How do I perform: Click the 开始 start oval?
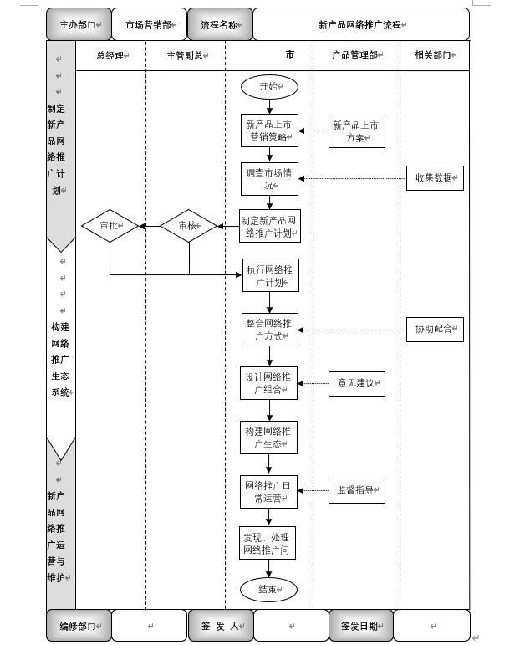pos(269,87)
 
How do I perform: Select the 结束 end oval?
pos(268,589)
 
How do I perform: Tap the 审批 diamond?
pos(110,226)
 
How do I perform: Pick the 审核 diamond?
pos(188,226)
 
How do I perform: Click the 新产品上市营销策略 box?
pos(269,131)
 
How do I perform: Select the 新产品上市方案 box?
pos(356,131)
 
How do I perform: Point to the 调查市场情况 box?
pos(269,179)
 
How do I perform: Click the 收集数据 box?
pos(435,178)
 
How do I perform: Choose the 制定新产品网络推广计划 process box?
pos(269,226)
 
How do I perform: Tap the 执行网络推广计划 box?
pos(269,275)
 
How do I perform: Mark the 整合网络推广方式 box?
pos(269,330)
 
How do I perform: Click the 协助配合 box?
pos(435,330)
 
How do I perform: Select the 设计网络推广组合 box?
pos(269,383)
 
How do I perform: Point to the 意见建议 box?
pos(356,383)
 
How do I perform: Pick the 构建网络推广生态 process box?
pos(269,437)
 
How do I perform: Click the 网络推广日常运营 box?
pos(269,491)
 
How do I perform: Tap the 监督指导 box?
pos(356,491)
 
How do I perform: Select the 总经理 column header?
pos(111,55)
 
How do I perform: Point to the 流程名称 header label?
pos(221,25)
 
